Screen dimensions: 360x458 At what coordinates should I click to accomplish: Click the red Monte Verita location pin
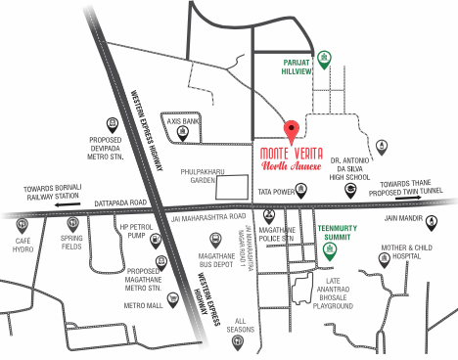coord(290,131)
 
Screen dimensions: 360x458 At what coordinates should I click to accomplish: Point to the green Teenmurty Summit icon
coord(330,248)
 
